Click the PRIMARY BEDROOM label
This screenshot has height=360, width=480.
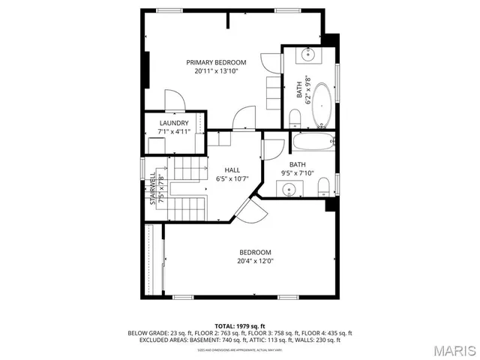coord(216,62)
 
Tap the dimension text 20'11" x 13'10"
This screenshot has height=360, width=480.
coord(216,71)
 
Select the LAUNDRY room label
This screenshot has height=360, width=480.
coord(173,124)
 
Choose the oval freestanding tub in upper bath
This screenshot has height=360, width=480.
coord(321,105)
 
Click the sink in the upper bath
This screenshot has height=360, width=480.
coord(308,55)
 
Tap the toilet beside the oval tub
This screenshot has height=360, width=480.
coord(295,118)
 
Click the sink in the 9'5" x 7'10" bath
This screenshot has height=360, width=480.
coord(289,190)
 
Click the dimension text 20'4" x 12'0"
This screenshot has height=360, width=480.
coord(255,262)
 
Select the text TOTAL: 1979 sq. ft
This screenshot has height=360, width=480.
coord(240,325)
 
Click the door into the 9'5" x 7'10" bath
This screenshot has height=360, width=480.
coord(272,148)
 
